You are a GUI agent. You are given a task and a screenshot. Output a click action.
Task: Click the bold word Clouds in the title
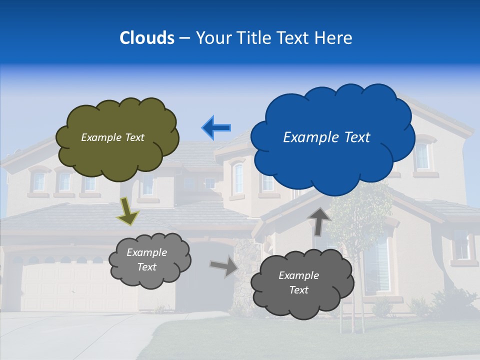click(x=146, y=38)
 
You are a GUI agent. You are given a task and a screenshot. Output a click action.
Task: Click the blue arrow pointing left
click(x=216, y=128)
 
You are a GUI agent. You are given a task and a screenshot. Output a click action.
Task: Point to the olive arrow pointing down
click(x=128, y=211)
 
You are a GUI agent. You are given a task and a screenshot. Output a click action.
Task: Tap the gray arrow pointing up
click(x=319, y=221)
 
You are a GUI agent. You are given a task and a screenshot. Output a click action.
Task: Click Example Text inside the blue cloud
click(x=326, y=137)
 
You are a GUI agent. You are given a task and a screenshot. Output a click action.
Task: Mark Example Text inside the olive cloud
click(x=112, y=137)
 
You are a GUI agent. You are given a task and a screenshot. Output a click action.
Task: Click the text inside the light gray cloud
click(x=147, y=260)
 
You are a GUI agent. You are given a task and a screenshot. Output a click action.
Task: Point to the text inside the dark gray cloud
click(x=298, y=282)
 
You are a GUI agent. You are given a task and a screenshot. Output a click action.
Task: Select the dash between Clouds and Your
click(x=184, y=38)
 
